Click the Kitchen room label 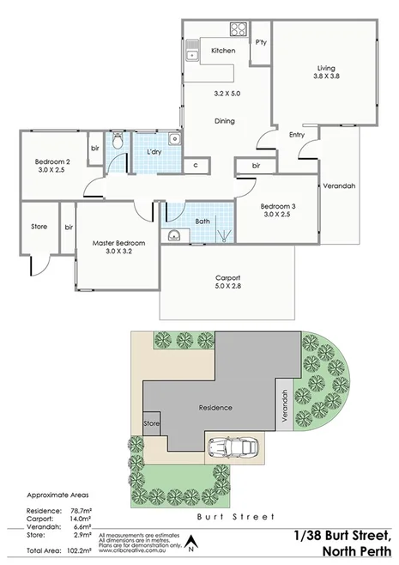tap(223, 51)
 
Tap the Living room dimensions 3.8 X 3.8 tap(326, 76)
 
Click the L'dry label tap(155, 152)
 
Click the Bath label tap(203, 221)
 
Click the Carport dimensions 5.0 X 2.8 tap(227, 287)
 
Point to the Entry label tap(297, 134)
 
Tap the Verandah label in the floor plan tap(339, 186)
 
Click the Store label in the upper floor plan tap(39, 228)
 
